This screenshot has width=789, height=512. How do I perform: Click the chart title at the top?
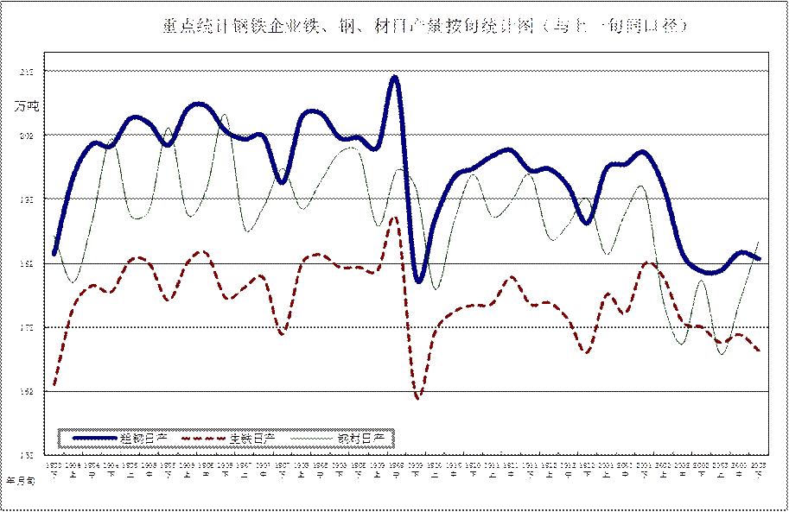coord(423,28)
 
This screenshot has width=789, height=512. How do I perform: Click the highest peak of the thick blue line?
coord(393,77)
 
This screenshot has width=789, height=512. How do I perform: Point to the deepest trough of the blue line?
coord(418,281)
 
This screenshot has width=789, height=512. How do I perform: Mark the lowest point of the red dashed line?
coord(418,398)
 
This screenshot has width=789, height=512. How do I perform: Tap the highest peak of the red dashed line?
coord(394,218)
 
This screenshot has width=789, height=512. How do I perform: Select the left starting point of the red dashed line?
coord(54,384)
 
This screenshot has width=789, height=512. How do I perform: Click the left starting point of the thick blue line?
coord(54,255)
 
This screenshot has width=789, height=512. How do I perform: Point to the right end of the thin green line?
coord(759,243)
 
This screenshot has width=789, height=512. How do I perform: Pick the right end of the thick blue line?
coord(759,258)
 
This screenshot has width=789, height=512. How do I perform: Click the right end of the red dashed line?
coord(759,351)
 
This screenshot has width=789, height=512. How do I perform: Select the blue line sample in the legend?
coord(94,439)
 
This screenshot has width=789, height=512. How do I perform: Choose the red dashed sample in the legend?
coord(204,439)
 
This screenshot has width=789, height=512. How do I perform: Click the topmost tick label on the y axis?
coord(26,73)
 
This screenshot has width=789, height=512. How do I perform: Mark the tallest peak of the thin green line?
coord(223,115)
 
